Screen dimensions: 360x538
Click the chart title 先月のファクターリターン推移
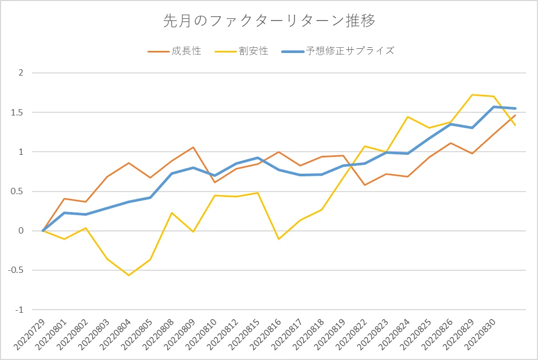coord(269,21)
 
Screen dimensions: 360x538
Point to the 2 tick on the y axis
coord(21,72)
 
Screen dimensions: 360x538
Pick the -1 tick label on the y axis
coord(20,310)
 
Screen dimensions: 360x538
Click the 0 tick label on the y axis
coord(21,231)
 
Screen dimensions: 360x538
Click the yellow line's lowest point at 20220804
coord(128,275)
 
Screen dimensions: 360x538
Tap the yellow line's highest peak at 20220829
coord(472,95)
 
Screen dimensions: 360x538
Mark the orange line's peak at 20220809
coord(193,147)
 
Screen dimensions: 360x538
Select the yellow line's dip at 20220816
coord(279,239)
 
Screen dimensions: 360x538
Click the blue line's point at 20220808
coord(171,173)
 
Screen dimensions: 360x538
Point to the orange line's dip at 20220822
coord(365,185)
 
